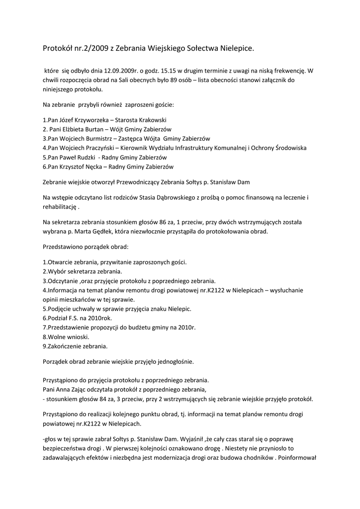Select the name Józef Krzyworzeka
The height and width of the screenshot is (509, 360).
(79, 120)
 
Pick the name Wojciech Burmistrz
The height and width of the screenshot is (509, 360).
(83, 139)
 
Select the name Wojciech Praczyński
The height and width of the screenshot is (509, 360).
(85, 148)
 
